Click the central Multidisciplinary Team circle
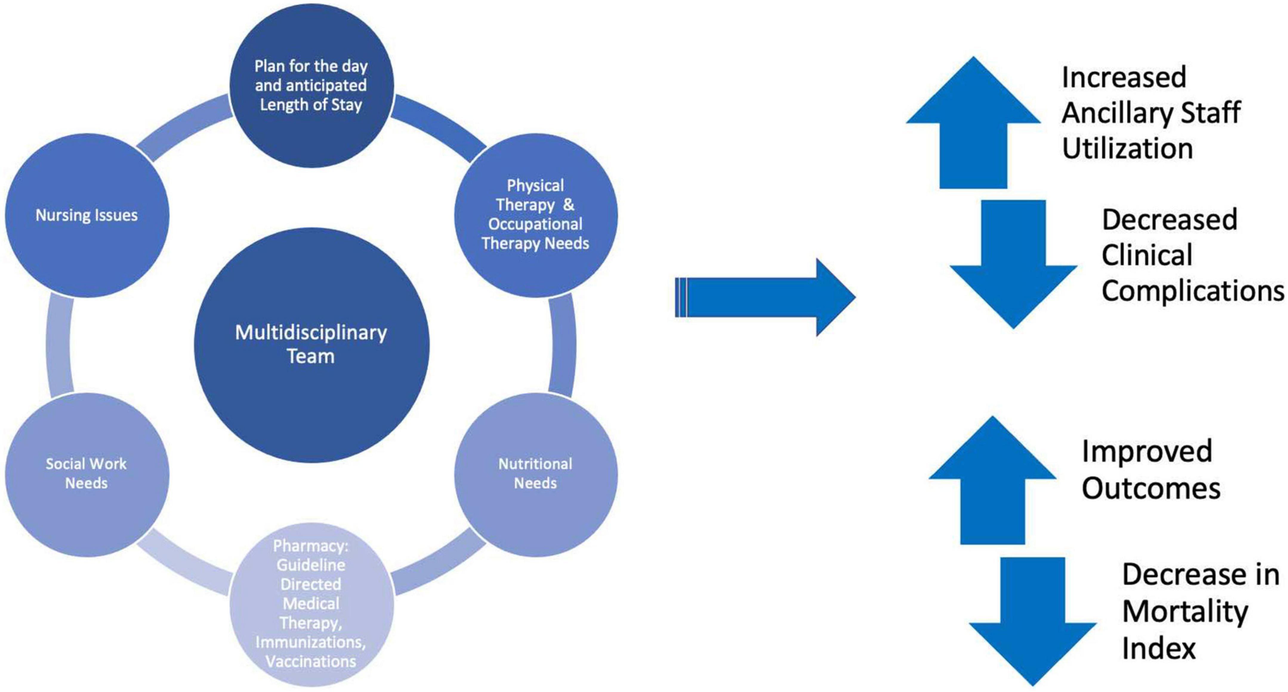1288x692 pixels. point(311,345)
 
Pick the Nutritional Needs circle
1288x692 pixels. point(536,474)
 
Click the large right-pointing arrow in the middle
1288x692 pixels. point(765,298)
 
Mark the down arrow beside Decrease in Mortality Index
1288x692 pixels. point(1033,620)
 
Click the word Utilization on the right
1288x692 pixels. point(1127,149)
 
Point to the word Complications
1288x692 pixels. point(1193,291)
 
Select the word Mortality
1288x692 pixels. point(1185,611)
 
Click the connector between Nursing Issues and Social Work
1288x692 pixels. point(59,345)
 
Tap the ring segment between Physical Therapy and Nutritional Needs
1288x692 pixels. point(562,345)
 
